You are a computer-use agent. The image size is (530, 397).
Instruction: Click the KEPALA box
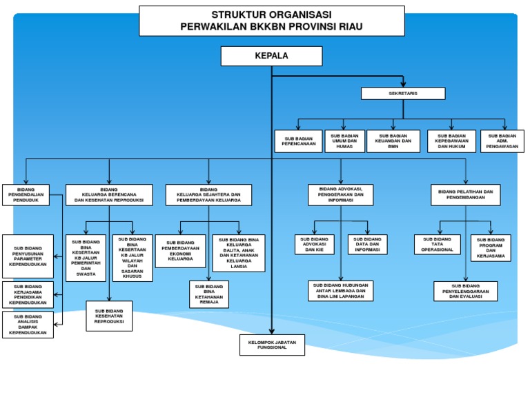pyautogui.click(x=271, y=56)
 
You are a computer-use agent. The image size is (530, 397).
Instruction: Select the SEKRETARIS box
pyautogui.click(x=403, y=93)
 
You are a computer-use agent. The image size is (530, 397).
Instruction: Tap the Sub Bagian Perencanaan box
pyautogui.click(x=298, y=141)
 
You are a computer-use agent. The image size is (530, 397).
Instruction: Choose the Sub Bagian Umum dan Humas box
pyautogui.click(x=344, y=141)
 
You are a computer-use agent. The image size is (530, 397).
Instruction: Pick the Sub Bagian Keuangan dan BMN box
pyautogui.click(x=393, y=141)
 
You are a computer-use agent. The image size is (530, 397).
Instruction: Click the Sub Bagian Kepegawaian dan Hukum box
pyautogui.click(x=451, y=141)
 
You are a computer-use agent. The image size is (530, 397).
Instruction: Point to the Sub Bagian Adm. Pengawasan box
pyautogui.click(x=502, y=141)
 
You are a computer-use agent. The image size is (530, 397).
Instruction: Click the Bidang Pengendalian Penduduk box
pyautogui.click(x=26, y=195)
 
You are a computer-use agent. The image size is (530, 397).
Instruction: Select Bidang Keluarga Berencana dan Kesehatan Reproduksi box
pyautogui.click(x=109, y=195)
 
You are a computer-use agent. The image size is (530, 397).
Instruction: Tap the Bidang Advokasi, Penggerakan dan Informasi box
pyautogui.click(x=340, y=194)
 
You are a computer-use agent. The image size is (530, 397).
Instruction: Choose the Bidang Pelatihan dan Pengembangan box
pyautogui.click(x=465, y=194)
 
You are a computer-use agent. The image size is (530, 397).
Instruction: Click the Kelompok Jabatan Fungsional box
pyautogui.click(x=272, y=345)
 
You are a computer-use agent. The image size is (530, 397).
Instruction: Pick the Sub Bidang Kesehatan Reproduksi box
pyautogui.click(x=109, y=316)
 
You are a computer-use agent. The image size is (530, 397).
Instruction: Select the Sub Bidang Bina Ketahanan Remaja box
pyautogui.click(x=208, y=294)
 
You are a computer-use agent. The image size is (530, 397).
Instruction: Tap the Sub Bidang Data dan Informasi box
pyautogui.click(x=367, y=245)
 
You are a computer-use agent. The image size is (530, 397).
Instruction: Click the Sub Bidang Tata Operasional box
pyautogui.click(x=437, y=245)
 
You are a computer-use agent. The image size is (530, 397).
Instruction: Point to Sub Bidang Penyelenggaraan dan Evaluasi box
pyautogui.click(x=465, y=291)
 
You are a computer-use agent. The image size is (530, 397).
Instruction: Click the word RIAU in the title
pyautogui.click(x=349, y=27)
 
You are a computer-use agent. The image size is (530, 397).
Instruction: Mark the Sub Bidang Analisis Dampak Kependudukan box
pyautogui.click(x=28, y=325)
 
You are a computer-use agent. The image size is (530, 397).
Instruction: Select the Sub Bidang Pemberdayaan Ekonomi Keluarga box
pyautogui.click(x=180, y=251)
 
